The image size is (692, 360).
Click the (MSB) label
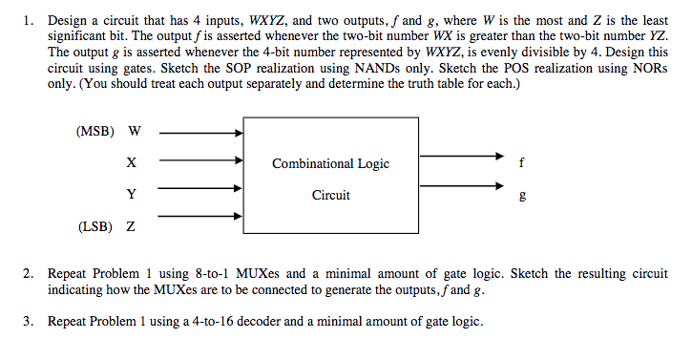[94, 131]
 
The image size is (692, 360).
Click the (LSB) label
[94, 227]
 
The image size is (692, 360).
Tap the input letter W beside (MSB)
[134, 131]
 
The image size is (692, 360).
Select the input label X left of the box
[131, 163]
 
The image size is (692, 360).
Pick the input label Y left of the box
[131, 195]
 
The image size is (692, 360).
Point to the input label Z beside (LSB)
[130, 227]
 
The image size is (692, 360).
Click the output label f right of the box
[519, 162]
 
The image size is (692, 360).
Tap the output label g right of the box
[519, 197]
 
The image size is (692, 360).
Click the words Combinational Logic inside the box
[330, 163]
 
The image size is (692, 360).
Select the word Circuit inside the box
[330, 195]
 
